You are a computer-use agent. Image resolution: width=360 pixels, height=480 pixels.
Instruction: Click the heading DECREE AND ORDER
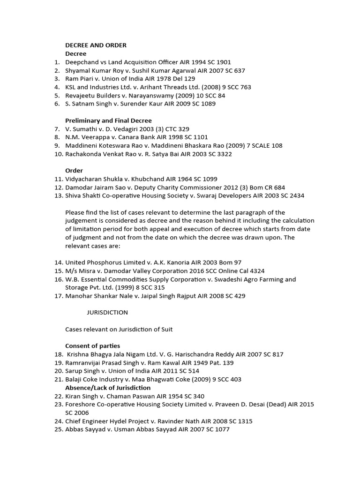pos(96,45)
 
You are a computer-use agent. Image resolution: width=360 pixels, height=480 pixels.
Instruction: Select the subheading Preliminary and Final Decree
pos(108,120)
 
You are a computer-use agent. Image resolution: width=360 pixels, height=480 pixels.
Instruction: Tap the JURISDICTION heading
pos(107,312)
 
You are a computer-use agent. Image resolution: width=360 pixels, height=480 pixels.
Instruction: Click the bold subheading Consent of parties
pos(92,346)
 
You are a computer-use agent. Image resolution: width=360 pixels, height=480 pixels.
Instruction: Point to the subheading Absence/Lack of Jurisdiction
pos(108,388)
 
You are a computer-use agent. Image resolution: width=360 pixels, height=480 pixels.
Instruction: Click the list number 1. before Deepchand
pos(57,62)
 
